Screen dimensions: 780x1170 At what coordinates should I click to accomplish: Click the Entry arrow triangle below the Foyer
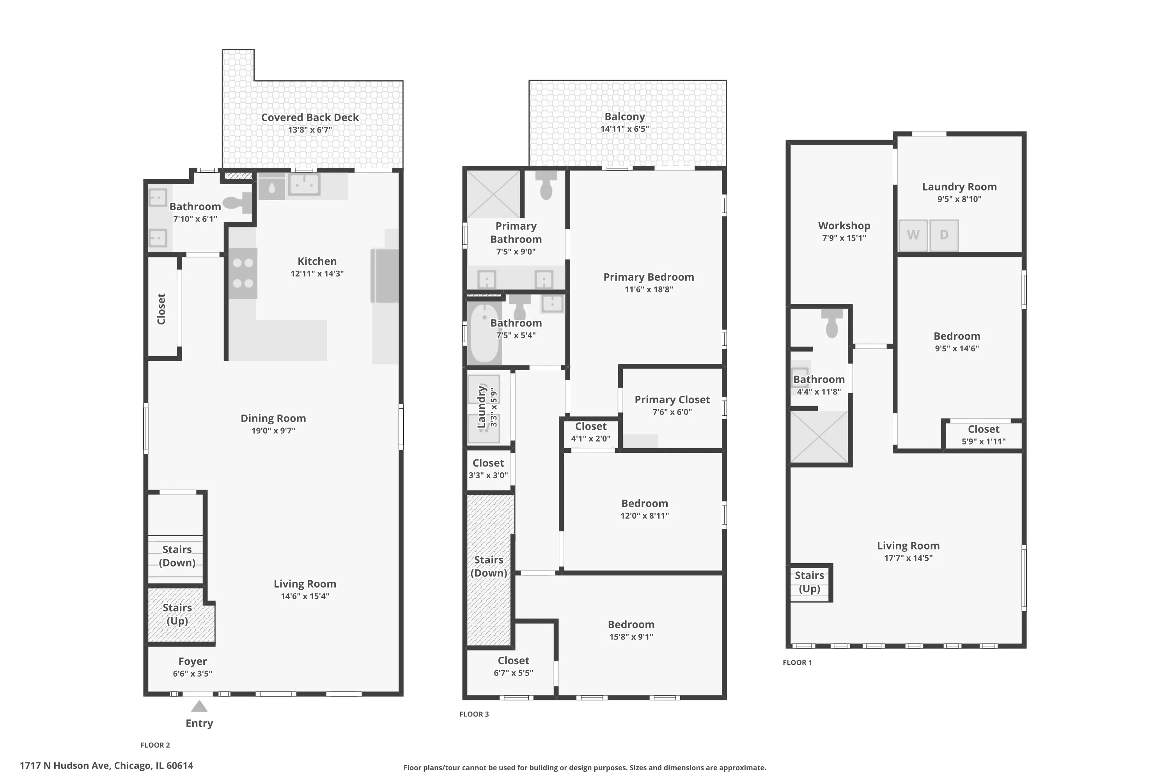pyautogui.click(x=199, y=706)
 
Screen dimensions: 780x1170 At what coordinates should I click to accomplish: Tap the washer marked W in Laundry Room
pyautogui.click(x=913, y=235)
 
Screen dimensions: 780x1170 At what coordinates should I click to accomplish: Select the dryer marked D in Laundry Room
pyautogui.click(x=944, y=235)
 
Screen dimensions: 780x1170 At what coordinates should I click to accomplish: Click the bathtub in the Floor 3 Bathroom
pyautogui.click(x=484, y=332)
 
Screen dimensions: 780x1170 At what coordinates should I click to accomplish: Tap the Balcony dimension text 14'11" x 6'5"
pyautogui.click(x=624, y=129)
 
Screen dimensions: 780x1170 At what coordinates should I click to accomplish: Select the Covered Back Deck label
pyautogui.click(x=310, y=117)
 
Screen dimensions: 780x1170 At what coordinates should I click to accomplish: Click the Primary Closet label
pyautogui.click(x=672, y=399)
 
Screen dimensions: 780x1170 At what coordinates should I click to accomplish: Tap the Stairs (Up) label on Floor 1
pyautogui.click(x=809, y=582)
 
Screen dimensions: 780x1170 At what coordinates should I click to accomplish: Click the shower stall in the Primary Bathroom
pyautogui.click(x=493, y=194)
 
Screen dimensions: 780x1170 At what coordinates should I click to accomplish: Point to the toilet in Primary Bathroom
pyautogui.click(x=546, y=186)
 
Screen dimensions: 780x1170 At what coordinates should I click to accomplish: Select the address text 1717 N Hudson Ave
pyautogui.click(x=106, y=766)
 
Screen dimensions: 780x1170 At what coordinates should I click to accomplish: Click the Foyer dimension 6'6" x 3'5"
pyautogui.click(x=193, y=674)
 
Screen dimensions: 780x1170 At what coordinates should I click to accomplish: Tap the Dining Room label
pyautogui.click(x=273, y=418)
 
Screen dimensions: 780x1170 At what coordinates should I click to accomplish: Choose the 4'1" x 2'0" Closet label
pyautogui.click(x=590, y=427)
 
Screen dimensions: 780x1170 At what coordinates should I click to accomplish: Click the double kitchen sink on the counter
pyautogui.click(x=304, y=184)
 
